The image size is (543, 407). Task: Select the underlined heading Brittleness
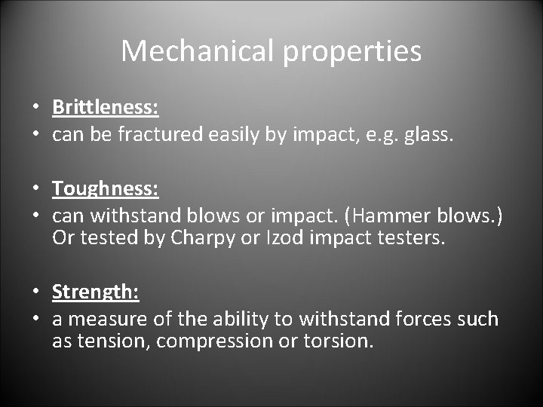[x=105, y=107]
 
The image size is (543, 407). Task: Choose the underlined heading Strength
[x=96, y=291]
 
